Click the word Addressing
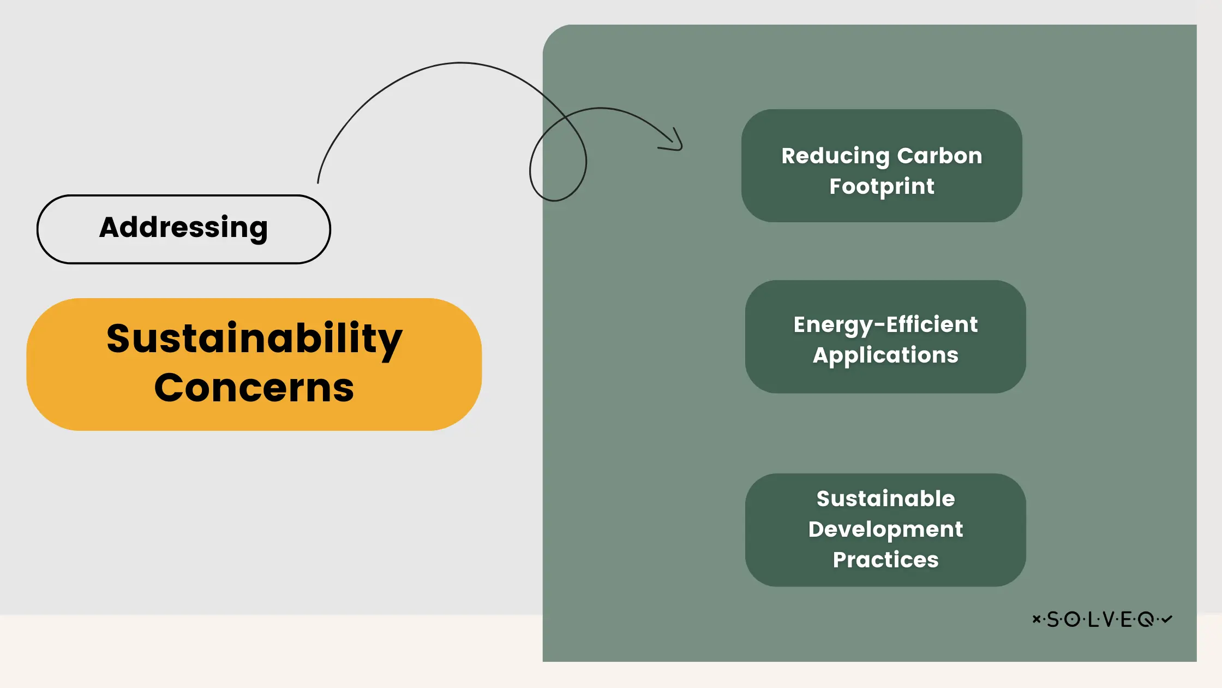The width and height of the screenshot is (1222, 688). [183, 228]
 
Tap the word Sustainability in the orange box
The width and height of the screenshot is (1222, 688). [254, 339]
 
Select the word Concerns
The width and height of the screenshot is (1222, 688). [254, 388]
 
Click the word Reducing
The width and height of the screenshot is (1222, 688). [835, 156]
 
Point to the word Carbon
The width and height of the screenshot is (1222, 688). [939, 156]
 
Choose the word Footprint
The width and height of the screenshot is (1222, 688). [882, 187]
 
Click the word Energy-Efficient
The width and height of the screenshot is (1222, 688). [885, 325]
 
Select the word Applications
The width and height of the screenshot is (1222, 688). [885, 355]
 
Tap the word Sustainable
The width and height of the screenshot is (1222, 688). [885, 499]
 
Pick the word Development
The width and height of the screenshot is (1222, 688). [885, 530]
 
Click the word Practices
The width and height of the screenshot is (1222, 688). [885, 560]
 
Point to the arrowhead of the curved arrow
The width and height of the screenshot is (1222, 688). [680, 147]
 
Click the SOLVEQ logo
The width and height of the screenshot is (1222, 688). [1102, 619]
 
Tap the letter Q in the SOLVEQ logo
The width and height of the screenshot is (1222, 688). [1146, 620]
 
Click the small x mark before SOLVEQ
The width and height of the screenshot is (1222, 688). [1036, 619]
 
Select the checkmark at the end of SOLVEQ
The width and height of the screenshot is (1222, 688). [1167, 619]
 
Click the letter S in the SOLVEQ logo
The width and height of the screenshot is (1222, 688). [1052, 619]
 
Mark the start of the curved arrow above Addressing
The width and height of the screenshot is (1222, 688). [318, 182]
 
